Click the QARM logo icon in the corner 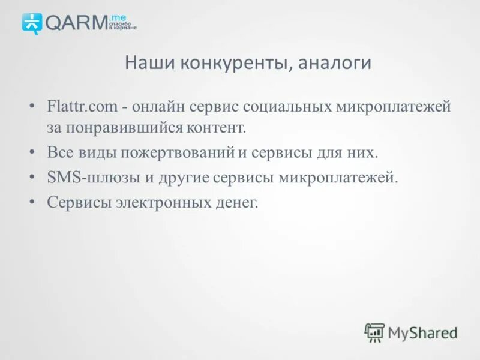pyautogui.click(x=32, y=22)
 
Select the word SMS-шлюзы pyautogui.click(x=83, y=178)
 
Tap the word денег pyautogui.click(x=238, y=203)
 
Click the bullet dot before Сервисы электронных pyautogui.click(x=31, y=203)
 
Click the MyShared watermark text pyautogui.click(x=422, y=332)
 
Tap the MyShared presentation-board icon pyautogui.click(x=374, y=332)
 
